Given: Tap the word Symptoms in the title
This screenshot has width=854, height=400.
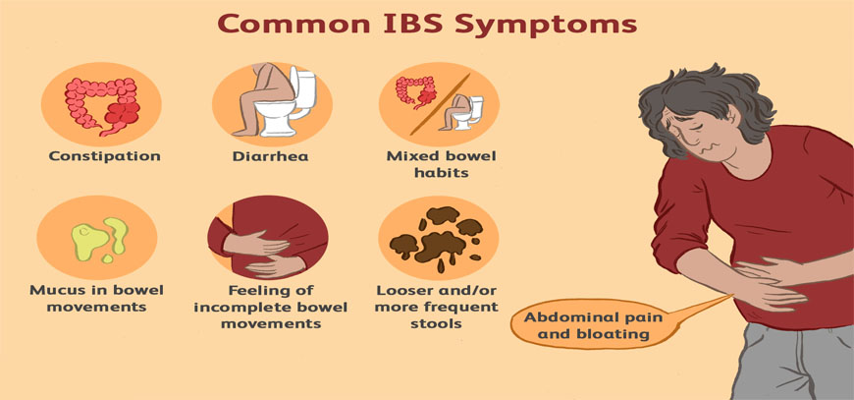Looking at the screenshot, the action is point(547,26).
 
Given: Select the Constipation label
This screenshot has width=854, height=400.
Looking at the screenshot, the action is point(105,157).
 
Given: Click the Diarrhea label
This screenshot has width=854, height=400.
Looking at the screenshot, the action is point(270,156).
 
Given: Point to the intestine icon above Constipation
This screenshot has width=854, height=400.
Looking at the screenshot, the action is point(102,104).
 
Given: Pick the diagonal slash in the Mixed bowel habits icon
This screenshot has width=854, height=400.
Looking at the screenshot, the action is point(440,104).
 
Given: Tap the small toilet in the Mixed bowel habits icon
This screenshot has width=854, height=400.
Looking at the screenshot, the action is point(468,112).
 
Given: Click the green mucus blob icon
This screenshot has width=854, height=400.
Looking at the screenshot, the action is point(99,238).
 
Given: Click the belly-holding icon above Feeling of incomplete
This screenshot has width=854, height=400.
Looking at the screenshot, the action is point(267,237).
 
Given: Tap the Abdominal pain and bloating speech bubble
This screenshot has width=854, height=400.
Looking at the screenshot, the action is point(592,324).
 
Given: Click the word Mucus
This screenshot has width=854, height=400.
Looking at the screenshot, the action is point(55,290).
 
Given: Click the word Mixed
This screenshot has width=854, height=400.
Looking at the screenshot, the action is point(408,156).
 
